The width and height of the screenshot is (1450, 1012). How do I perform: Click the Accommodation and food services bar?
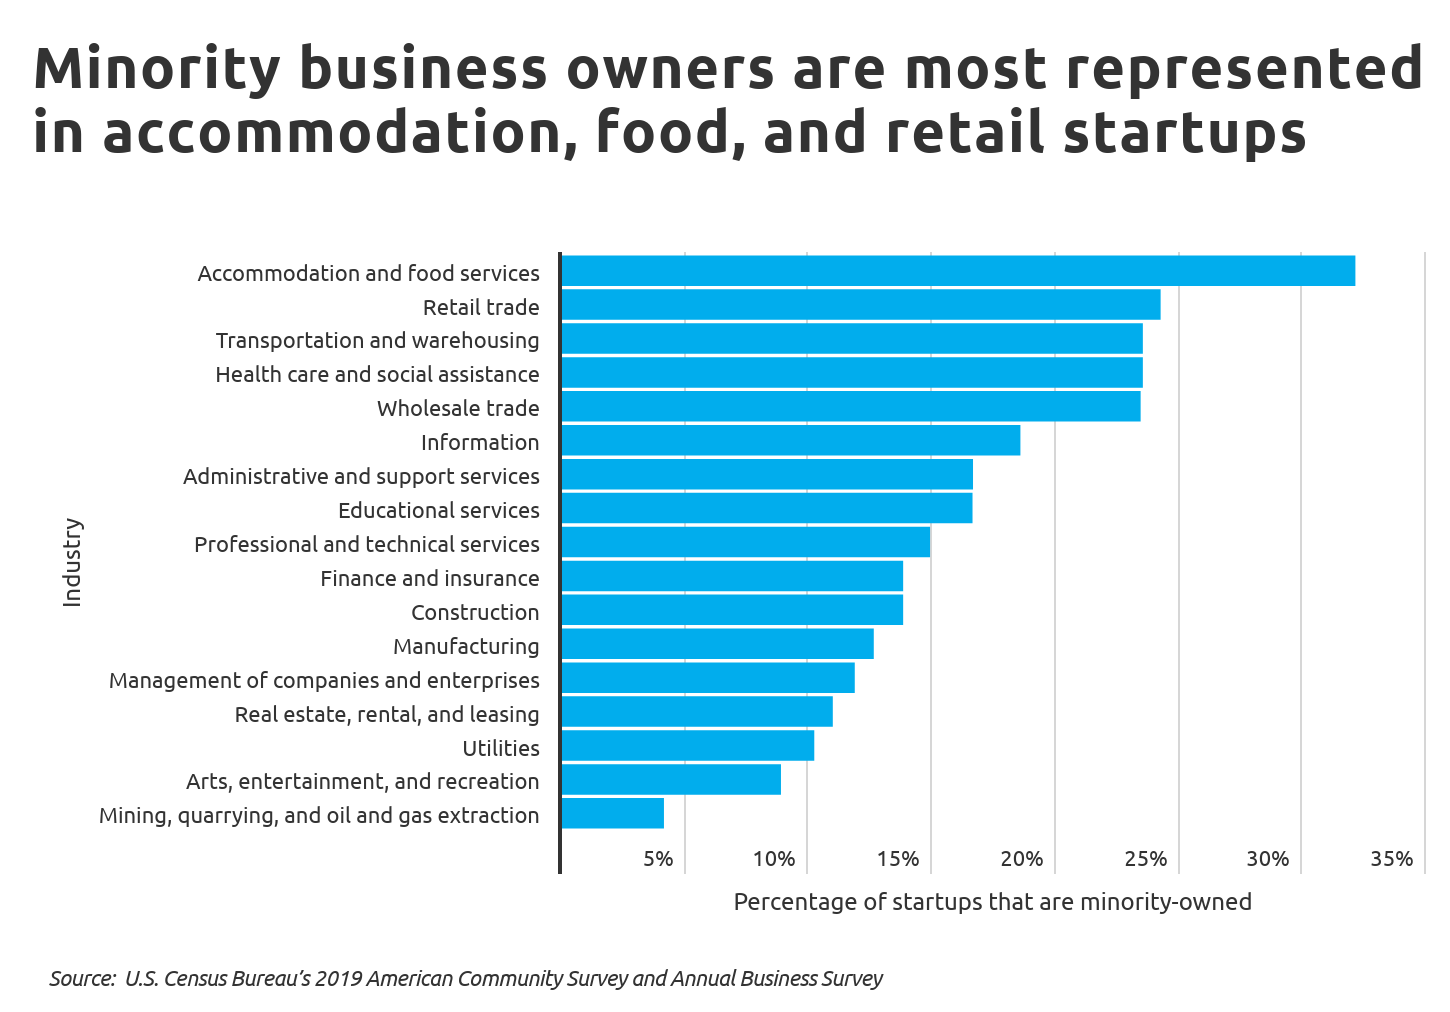[x=958, y=271]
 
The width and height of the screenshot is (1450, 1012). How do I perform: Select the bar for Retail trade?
[x=860, y=305]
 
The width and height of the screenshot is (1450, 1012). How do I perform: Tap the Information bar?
[x=790, y=441]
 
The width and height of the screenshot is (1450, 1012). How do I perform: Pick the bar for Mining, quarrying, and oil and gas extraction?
[x=612, y=813]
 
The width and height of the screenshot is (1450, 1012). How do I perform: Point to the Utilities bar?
[x=687, y=746]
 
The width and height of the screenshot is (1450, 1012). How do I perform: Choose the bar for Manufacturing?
[x=717, y=644]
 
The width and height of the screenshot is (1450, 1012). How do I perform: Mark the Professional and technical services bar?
[x=745, y=542]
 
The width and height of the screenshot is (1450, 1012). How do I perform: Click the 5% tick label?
[x=658, y=859]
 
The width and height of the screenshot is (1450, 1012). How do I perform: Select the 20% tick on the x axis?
[x=1021, y=859]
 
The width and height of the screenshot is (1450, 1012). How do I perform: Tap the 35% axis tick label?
[x=1391, y=859]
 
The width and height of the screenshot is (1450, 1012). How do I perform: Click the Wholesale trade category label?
[x=458, y=408]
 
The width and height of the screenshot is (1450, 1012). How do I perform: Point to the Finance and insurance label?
[x=429, y=578]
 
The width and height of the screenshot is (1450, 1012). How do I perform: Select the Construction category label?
[x=475, y=612]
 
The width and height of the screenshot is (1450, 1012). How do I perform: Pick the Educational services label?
[x=438, y=510]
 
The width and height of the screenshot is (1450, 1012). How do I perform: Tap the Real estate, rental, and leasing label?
[x=387, y=714]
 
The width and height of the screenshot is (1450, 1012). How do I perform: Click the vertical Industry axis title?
[x=72, y=562]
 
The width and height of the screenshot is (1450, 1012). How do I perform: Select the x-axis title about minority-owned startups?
[x=992, y=902]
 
